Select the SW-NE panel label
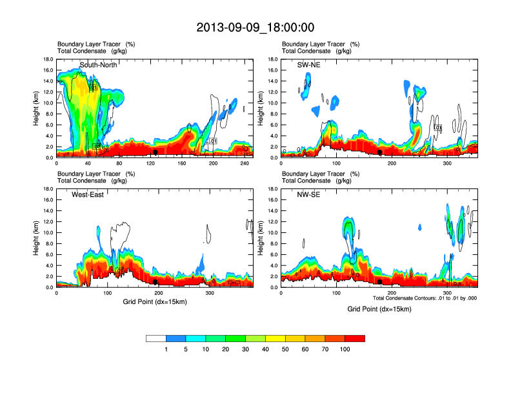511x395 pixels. [308, 65]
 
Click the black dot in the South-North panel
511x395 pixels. [155, 152]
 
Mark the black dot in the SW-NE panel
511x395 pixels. [380, 152]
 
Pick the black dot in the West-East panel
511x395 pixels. [155, 282]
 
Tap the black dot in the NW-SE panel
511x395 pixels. [380, 282]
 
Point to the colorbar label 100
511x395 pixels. [345, 349]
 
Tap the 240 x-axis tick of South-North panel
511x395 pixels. [244, 164]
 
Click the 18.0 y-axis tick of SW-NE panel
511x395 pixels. [273, 59]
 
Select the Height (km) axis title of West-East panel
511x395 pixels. [36, 238]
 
